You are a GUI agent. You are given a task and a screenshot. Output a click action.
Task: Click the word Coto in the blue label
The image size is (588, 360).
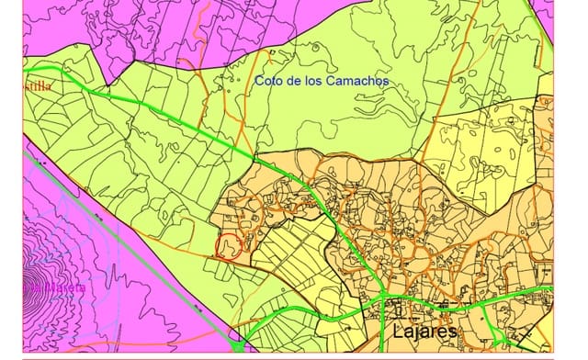(270, 81)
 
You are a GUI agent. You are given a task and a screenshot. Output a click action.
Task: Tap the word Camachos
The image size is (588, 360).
(359, 81)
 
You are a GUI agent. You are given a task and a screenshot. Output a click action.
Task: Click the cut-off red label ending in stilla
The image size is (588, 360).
(39, 85)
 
